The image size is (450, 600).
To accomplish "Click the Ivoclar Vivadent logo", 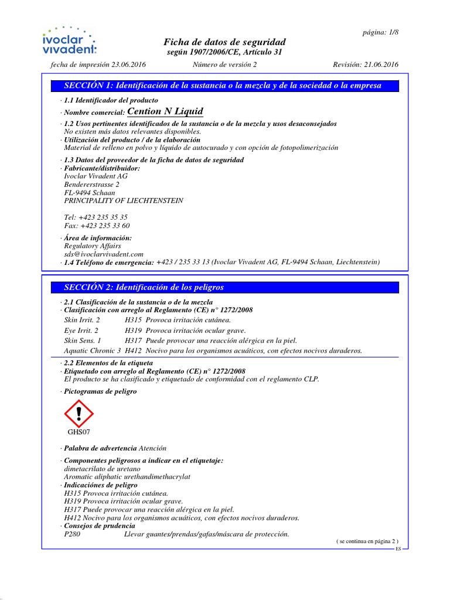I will (69, 40).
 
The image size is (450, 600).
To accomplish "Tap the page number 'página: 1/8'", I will (380, 32).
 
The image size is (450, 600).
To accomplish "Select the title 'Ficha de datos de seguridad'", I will (224, 42).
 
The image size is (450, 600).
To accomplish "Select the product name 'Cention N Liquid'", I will (165, 111).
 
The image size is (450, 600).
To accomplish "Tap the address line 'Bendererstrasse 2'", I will (91, 185).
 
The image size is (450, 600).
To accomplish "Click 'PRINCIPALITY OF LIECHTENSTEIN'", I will (123, 201).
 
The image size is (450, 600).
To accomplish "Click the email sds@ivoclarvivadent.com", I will (104, 254).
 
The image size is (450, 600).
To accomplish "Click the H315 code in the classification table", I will (133, 321).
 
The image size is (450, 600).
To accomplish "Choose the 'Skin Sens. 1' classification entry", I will (83, 340).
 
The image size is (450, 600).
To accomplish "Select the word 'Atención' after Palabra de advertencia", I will (152, 448).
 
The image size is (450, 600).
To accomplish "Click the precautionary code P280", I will (73, 534).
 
